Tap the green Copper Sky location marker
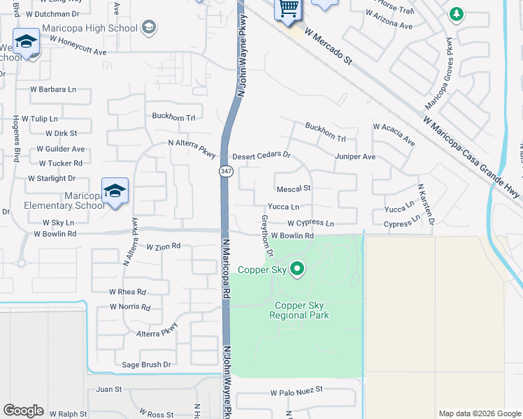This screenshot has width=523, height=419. pos(297,269)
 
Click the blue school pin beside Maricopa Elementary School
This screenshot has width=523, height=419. pos(115,191)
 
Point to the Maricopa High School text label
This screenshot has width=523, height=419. pos(90,28)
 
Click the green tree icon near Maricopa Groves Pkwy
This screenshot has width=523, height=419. pos(457,13)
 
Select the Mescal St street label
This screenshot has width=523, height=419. pos(294,189)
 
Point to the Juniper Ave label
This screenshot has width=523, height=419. pos(355,156)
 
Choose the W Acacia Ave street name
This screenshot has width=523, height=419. pos(394,135)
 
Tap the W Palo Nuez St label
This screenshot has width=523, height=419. pos(297,391)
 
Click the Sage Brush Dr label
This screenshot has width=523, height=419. pos(147,365)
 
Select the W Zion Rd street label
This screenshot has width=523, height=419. pos(164,247)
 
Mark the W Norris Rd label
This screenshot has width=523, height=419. pos(130,307)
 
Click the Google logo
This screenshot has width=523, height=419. pos(23,411)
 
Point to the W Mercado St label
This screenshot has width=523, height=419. pos(328,47)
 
